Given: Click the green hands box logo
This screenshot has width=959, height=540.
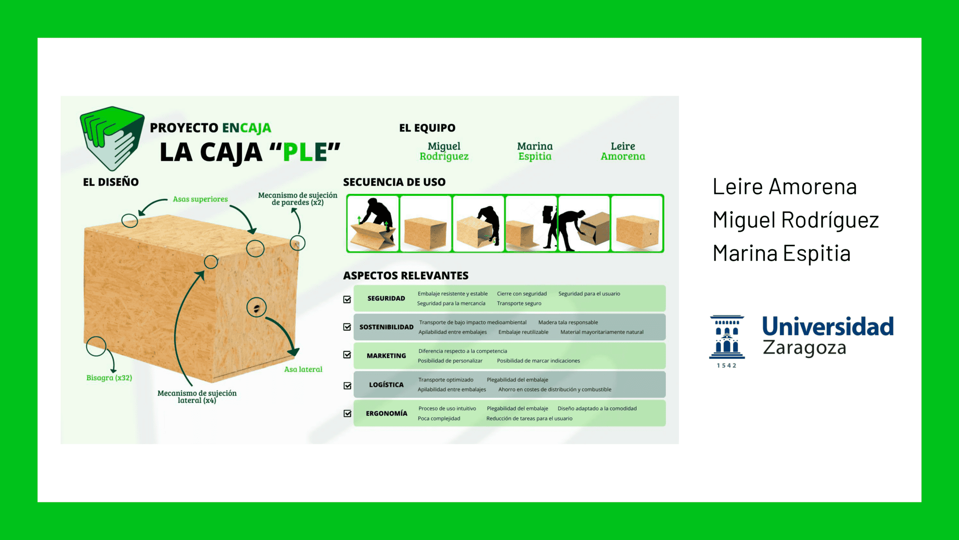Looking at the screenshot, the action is click(x=112, y=138).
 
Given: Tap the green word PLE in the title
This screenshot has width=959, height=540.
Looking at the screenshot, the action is click(x=305, y=152).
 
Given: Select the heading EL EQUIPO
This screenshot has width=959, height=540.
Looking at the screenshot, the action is click(x=427, y=128).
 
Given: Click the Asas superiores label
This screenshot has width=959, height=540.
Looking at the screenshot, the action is click(x=200, y=199).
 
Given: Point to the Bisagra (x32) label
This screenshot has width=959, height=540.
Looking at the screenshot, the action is click(x=109, y=378).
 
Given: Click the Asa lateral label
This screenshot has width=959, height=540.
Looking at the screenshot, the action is click(x=303, y=369).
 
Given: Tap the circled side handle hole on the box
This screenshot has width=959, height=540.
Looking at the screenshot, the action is click(x=256, y=308).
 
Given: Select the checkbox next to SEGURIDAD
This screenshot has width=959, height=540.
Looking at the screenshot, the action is click(x=347, y=299).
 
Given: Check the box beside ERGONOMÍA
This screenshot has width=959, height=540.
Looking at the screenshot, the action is click(x=347, y=413).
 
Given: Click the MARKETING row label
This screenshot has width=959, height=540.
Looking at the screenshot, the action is click(x=386, y=355).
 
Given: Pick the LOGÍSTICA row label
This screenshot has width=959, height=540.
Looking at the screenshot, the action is click(x=386, y=385).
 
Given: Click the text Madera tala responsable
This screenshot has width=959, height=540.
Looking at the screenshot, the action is click(x=568, y=322).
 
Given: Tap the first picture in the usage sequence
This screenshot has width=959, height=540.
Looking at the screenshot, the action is click(x=373, y=223).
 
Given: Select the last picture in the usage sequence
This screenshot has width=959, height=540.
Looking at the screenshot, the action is click(x=637, y=223).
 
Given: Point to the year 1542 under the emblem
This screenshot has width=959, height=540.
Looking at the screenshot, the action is click(x=727, y=365).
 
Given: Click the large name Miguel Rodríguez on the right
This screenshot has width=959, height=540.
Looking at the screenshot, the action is click(x=796, y=220).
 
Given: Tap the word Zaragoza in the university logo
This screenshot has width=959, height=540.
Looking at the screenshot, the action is click(x=804, y=348).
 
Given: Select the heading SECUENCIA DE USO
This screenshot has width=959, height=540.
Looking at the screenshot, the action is click(x=394, y=182).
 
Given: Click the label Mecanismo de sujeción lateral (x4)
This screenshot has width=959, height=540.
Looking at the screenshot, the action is click(x=197, y=396).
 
